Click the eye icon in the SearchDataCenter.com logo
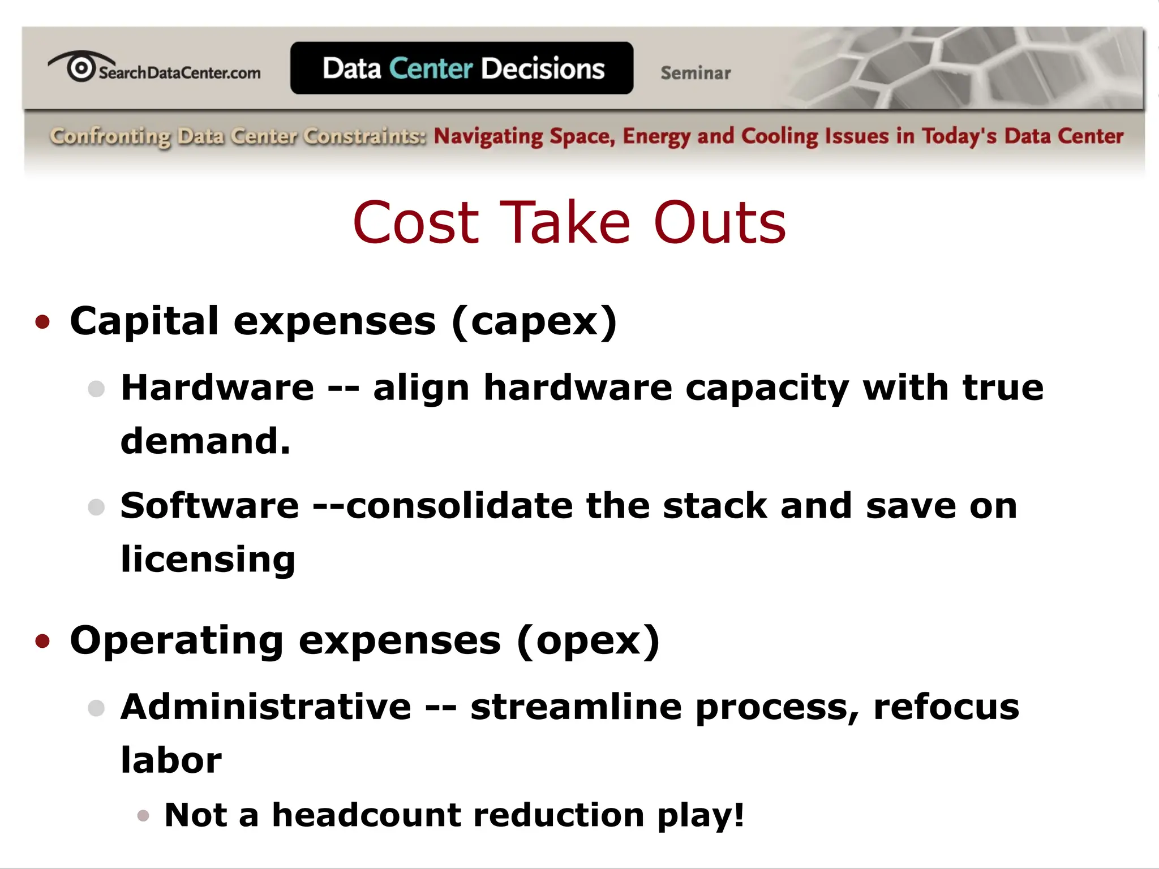pos(81,67)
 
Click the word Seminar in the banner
pos(696,73)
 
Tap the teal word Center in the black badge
pos(431,68)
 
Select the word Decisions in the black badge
pos(543,68)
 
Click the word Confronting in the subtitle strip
pos(110,137)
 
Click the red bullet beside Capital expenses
pos(42,322)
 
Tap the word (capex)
pos(534,321)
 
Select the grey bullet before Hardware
pos(97,389)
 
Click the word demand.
pos(205,441)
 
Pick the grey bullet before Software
pos(97,507)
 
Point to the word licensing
pos(208,559)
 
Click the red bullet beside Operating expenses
pos(42,641)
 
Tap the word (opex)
pos(589,641)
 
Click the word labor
pos(171,760)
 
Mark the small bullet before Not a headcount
pos(143,815)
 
